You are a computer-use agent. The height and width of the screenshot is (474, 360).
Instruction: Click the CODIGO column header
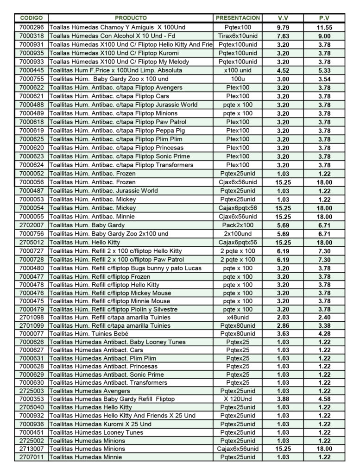[32, 18]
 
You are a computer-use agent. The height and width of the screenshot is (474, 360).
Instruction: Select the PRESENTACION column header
[237, 18]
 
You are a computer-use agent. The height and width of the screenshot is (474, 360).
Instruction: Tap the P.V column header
[324, 18]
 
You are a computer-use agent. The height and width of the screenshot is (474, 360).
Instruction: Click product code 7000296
[32, 27]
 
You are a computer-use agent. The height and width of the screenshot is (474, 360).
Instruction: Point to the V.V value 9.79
[283, 27]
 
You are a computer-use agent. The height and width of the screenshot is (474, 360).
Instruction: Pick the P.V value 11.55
[324, 27]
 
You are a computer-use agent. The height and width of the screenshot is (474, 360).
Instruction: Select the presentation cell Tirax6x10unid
[237, 36]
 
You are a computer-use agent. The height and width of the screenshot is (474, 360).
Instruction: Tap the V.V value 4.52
[283, 70]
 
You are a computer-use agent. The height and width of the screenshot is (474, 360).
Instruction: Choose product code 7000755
[32, 79]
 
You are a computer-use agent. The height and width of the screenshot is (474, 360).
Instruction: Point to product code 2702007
[32, 225]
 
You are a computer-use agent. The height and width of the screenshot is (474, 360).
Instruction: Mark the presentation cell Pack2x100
[237, 225]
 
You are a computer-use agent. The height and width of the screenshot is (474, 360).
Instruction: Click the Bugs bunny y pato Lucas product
[125, 268]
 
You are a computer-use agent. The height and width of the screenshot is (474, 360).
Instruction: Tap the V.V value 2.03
[283, 318]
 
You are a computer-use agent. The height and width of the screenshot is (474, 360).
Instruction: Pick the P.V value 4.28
[324, 334]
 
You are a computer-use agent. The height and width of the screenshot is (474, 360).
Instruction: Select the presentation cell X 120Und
[237, 399]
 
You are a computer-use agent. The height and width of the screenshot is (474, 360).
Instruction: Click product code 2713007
[32, 449]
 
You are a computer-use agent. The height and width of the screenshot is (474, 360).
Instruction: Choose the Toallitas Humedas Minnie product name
[86, 457]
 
